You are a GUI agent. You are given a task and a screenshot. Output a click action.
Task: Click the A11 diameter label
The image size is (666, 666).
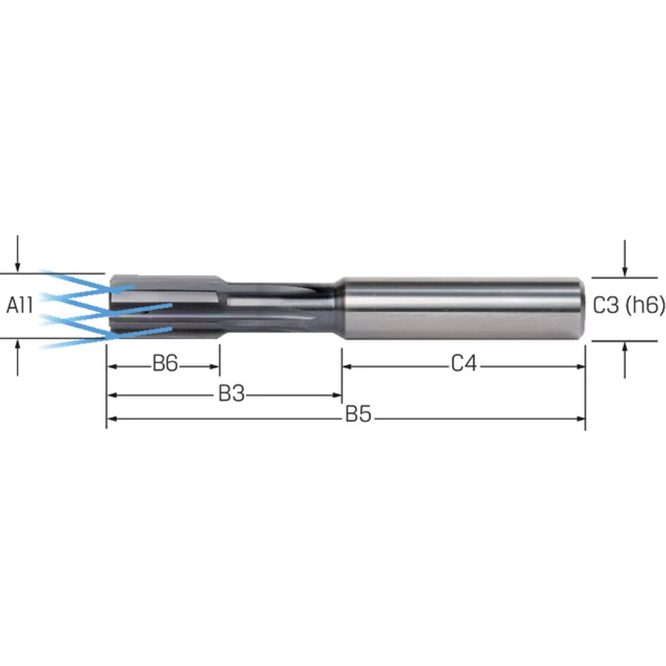19,305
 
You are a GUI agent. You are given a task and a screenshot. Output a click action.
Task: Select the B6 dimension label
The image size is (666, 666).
165,363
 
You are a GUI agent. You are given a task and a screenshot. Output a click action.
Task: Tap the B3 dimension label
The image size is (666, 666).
232,394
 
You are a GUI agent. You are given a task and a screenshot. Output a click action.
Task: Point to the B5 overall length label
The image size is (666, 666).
358,414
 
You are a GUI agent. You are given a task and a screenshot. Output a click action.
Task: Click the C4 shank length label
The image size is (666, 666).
464,363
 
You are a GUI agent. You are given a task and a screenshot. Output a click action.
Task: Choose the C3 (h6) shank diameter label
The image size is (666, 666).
628,305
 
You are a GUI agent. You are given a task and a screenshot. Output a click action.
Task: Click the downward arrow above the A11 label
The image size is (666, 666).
18,254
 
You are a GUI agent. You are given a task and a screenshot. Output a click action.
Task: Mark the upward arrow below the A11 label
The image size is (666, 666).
18,357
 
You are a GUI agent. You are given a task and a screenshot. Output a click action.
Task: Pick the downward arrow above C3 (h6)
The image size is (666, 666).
625,258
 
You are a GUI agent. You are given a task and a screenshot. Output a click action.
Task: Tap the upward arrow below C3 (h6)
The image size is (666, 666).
625,360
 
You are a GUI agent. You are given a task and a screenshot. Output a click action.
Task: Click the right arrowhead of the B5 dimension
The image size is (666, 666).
580,419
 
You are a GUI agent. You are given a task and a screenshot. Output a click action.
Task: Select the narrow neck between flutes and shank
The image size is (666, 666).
280,308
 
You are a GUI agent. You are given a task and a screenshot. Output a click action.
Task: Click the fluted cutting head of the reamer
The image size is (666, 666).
166,306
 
